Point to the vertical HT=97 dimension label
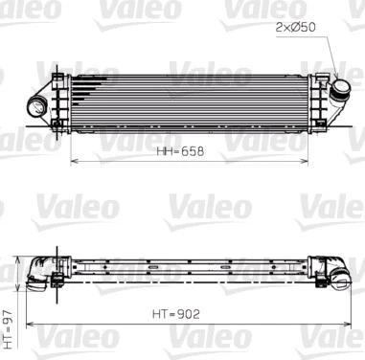coord(8,326)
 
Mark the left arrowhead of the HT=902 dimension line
coord(28,323)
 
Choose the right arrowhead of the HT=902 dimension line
coord(338,323)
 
